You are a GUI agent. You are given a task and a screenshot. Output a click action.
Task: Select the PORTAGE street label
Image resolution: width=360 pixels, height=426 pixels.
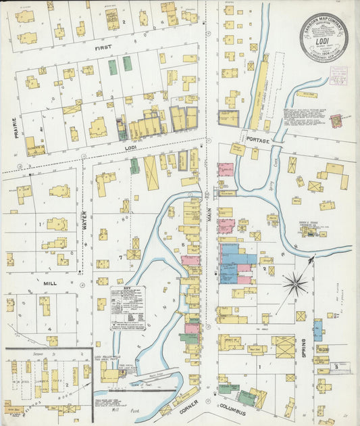(x=258, y=140)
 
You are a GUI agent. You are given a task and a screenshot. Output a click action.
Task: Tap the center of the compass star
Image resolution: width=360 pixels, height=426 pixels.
(x=294, y=283)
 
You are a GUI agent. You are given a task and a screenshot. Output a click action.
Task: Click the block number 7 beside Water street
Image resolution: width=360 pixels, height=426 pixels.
(x=121, y=258)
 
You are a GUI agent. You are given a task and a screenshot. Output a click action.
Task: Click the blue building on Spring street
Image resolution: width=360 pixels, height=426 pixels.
(x=317, y=330)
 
